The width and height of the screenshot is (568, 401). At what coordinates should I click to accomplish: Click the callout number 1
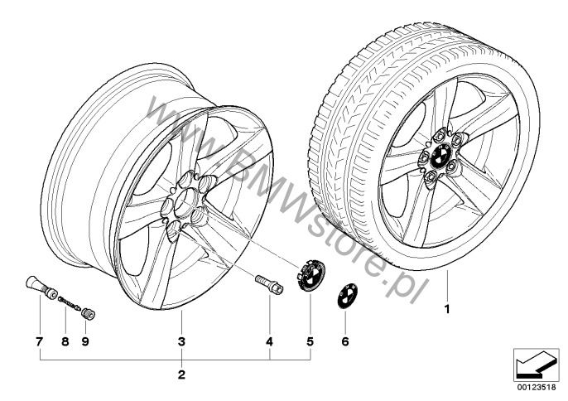447,309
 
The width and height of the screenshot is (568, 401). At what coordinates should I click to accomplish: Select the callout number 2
181,374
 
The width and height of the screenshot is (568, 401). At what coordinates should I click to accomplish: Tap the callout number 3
181,341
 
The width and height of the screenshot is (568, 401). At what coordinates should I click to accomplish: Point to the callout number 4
269,341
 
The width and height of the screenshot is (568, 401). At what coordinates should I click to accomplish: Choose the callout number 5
310,341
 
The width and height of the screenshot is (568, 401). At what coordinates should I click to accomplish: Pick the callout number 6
344,341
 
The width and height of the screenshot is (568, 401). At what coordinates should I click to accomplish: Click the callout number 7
39,341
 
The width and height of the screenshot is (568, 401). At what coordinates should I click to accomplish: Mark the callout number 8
65,341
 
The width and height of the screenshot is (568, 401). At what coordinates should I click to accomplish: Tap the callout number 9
85,341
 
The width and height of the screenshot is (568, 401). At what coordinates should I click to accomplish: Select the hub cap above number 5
310,275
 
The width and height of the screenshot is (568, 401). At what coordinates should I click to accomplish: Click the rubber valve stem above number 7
41,287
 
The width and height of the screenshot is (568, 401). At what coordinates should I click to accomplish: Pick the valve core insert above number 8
69,303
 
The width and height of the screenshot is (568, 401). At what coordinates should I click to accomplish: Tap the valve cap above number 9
89,314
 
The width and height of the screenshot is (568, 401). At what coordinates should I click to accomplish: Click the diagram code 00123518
537,387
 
